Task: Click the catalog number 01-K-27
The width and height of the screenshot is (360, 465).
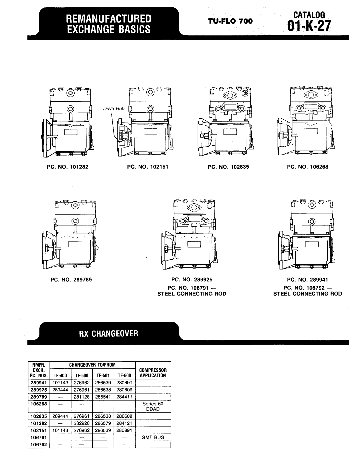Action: (x=309, y=26)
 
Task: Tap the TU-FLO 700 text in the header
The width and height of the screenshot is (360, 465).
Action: (x=230, y=21)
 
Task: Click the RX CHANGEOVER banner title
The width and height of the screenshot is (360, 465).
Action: (x=109, y=334)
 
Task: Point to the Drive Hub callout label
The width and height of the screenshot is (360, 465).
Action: (x=114, y=108)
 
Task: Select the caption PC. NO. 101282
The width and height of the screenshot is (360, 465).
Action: (x=68, y=167)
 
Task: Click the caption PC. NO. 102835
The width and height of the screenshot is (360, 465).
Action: (x=228, y=167)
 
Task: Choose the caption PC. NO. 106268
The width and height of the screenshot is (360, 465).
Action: (x=308, y=167)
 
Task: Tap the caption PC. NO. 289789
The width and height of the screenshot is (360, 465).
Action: (x=71, y=280)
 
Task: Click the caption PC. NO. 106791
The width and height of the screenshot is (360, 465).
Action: (x=192, y=288)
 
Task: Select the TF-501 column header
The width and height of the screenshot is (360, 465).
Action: (x=103, y=376)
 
